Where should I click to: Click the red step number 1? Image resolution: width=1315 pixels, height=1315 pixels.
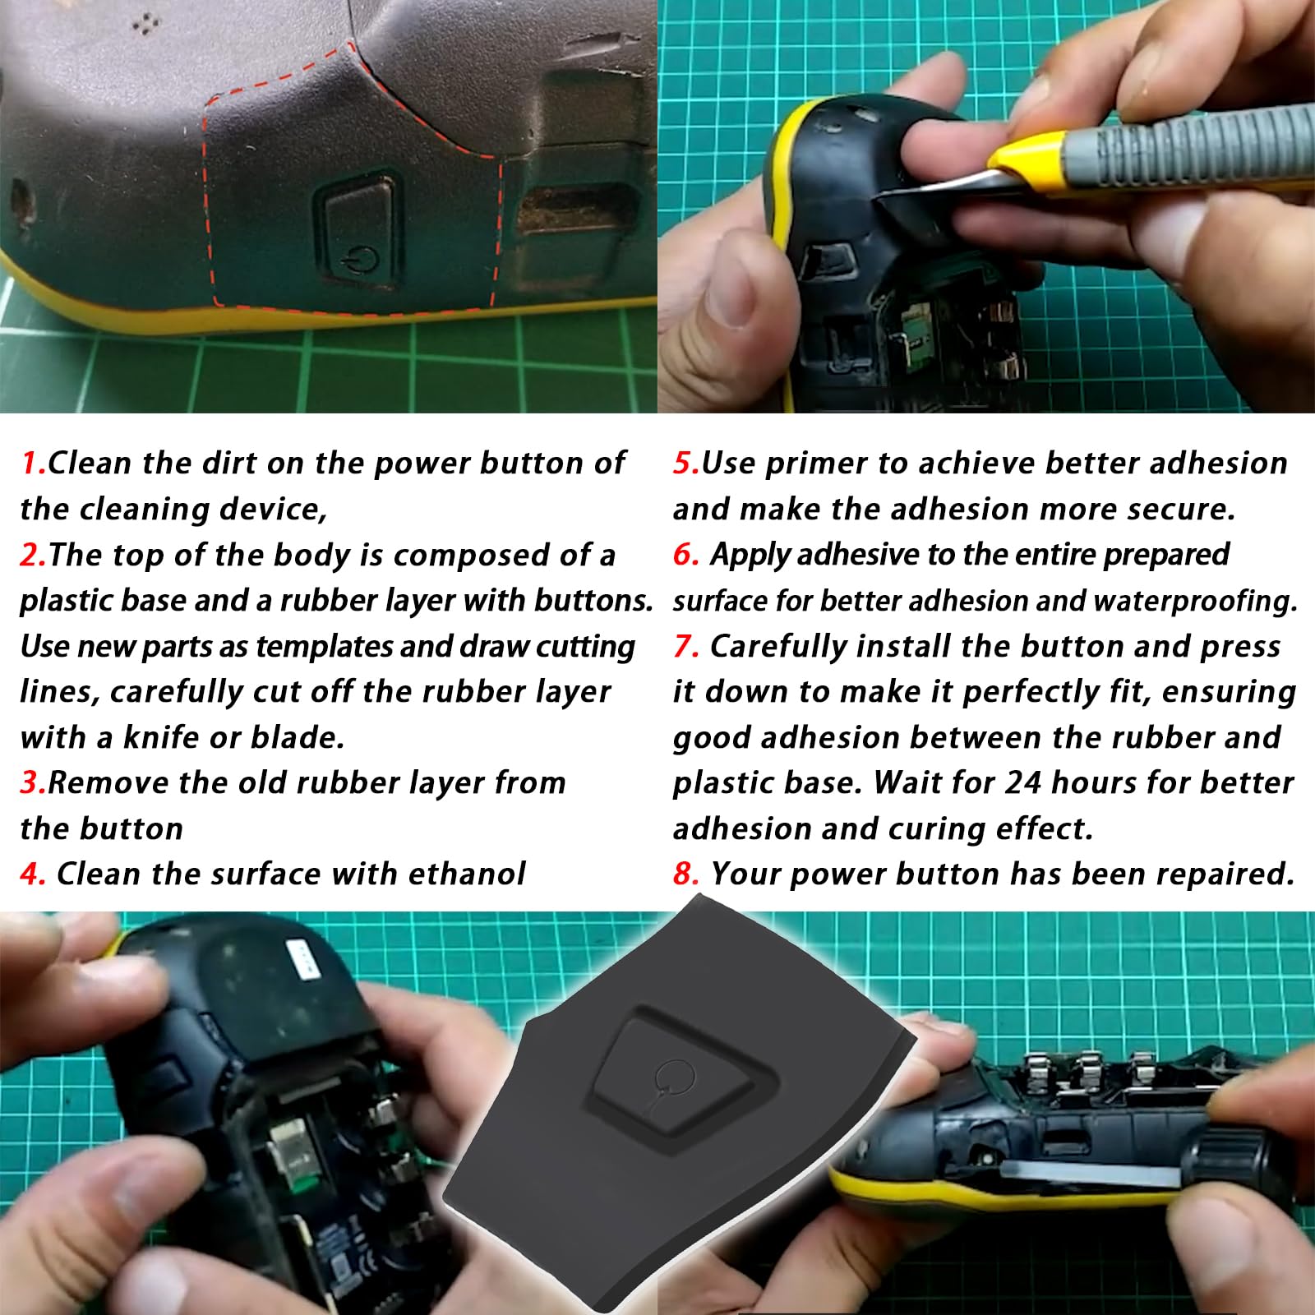(x=30, y=464)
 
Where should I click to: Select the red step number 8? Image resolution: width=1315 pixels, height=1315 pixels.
(x=684, y=874)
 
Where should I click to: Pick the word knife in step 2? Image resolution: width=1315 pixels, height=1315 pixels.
(x=161, y=737)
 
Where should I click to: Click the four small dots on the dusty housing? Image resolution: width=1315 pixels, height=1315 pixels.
(x=146, y=25)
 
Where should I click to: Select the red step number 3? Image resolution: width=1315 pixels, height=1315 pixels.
(x=32, y=782)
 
